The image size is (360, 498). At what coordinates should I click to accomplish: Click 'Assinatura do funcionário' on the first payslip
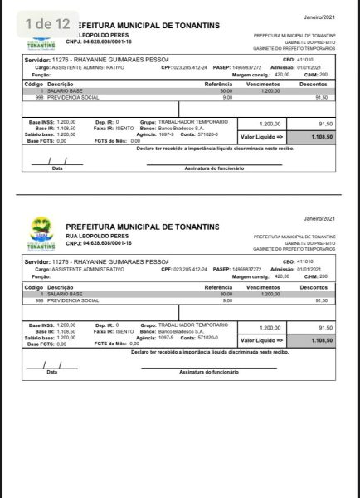click(x=212, y=168)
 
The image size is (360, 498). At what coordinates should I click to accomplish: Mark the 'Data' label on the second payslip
click(x=52, y=372)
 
